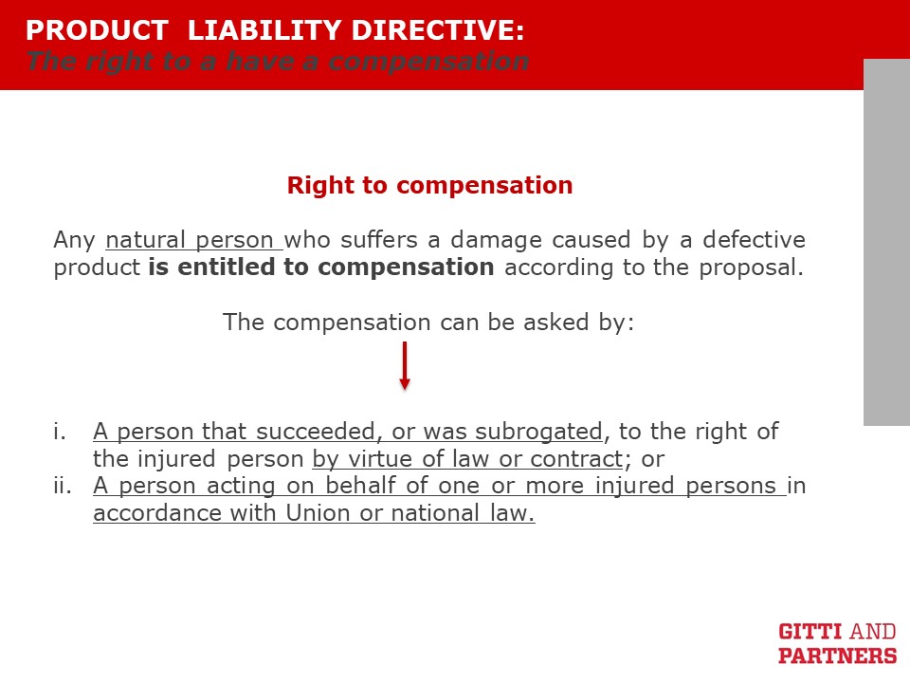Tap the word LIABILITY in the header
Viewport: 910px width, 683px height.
tap(265, 30)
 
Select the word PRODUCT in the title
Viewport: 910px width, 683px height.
tap(97, 30)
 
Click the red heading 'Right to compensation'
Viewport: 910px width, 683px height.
tap(430, 185)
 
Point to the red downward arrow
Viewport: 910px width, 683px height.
tap(405, 365)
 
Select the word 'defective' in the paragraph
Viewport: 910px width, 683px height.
tap(754, 239)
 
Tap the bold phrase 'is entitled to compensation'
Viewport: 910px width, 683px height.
tap(321, 268)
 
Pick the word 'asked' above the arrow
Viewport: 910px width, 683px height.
tap(556, 322)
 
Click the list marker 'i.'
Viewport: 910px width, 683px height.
tap(59, 431)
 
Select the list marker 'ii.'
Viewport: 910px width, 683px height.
tap(63, 485)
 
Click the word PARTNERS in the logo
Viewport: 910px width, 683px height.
tap(837, 655)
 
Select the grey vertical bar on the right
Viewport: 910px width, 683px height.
tap(887, 242)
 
